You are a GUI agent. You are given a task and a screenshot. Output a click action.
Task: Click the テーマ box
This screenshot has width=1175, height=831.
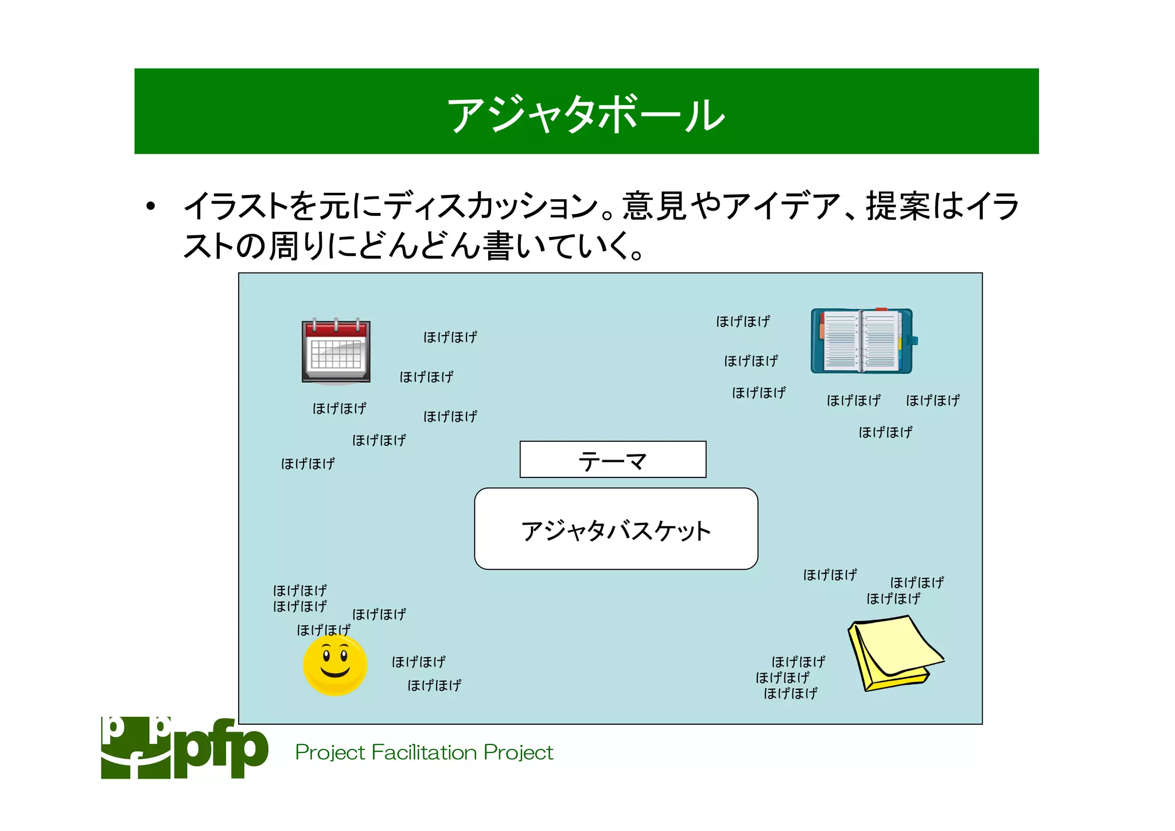pos(612,460)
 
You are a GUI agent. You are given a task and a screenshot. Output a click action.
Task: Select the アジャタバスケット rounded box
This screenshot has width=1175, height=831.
pos(616,529)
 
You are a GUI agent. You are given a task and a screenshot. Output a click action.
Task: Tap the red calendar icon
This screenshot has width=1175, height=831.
pos(336,351)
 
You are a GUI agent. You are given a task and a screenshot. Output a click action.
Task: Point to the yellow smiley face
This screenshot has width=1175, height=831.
pos(335,666)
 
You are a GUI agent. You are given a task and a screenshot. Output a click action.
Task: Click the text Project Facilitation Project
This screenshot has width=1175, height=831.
pos(424,752)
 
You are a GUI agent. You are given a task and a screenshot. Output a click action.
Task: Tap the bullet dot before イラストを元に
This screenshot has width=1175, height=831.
pos(150,207)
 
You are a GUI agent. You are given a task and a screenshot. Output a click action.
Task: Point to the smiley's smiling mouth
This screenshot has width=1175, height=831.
pos(335,672)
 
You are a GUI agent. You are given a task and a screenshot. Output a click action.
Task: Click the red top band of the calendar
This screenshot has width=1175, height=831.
pos(336,329)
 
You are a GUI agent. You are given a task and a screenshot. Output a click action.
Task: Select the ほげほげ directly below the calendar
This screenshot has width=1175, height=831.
pos(339,409)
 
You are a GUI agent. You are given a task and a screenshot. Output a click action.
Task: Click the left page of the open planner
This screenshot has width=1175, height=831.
pos(840,341)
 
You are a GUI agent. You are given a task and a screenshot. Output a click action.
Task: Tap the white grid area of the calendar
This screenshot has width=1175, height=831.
pos(336,355)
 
